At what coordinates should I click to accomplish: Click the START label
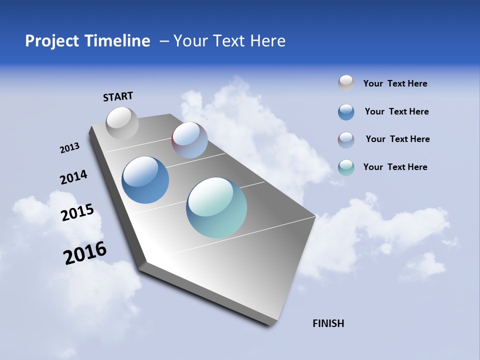[x=118, y=96]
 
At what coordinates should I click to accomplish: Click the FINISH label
[x=328, y=323]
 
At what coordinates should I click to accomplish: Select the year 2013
[x=69, y=148]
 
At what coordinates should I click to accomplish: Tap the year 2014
[x=73, y=177]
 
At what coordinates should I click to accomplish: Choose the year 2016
[x=85, y=253]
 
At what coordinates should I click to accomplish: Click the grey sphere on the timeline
[x=122, y=123]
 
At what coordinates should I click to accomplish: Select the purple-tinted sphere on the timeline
[x=189, y=140]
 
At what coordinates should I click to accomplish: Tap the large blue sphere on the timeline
[x=145, y=180]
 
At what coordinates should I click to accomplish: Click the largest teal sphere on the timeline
[x=216, y=207]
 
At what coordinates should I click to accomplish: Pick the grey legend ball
[x=346, y=83]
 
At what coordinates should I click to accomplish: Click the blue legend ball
[x=346, y=112]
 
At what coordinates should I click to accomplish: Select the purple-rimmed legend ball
[x=346, y=140]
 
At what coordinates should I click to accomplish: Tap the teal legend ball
[x=346, y=167]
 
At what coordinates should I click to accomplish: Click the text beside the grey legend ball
[x=395, y=83]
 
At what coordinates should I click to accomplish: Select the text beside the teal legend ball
[x=395, y=167]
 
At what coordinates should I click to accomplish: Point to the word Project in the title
[x=52, y=41]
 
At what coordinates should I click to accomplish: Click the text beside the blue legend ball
[x=396, y=111]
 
